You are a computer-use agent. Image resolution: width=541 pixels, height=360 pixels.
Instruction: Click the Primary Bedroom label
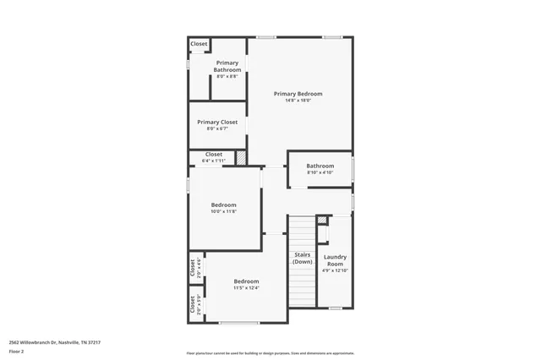[x=298, y=93]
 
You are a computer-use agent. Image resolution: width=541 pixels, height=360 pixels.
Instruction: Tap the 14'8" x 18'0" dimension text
[x=298, y=100]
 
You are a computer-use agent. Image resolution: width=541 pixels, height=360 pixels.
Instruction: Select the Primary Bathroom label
[x=227, y=66]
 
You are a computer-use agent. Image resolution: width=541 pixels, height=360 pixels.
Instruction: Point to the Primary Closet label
[x=217, y=122]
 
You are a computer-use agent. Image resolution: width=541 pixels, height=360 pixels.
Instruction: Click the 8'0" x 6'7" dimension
[x=217, y=128]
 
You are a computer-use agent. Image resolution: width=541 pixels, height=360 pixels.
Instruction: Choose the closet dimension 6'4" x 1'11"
[x=213, y=161]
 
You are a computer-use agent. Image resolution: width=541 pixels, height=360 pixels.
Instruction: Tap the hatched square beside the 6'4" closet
[x=241, y=157]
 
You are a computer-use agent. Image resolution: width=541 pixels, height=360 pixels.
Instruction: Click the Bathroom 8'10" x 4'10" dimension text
[x=320, y=172]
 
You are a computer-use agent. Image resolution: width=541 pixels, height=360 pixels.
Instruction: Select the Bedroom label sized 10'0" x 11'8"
[x=223, y=205]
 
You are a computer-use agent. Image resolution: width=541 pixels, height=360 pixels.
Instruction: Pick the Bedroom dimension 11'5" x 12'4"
[x=246, y=288]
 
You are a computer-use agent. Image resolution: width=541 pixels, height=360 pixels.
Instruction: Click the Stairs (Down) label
[x=302, y=258]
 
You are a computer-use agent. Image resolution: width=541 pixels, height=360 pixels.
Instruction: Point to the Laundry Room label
[x=335, y=259]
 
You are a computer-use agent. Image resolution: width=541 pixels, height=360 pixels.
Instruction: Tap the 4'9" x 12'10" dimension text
[x=335, y=270]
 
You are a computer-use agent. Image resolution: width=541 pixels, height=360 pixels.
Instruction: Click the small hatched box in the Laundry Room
[x=321, y=221]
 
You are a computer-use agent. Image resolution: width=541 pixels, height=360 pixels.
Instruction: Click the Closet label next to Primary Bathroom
[x=199, y=44]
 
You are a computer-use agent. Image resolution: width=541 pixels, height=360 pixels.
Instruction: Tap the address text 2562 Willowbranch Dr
[x=55, y=342]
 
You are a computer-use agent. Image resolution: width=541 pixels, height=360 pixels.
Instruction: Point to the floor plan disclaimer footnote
[x=270, y=352]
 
